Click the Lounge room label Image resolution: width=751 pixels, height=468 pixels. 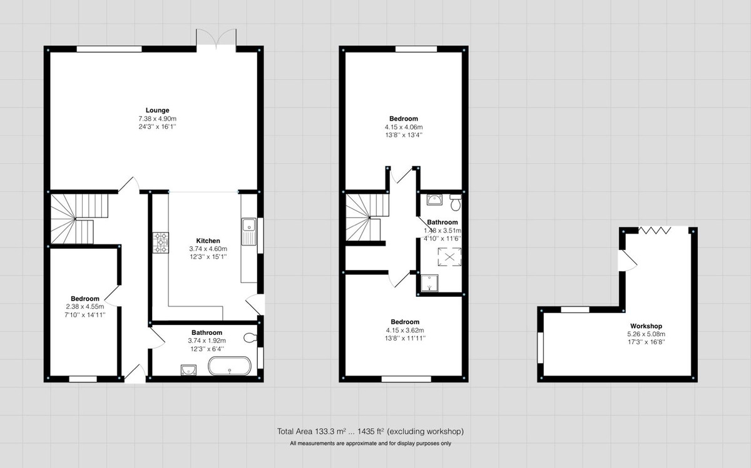pos(153,111)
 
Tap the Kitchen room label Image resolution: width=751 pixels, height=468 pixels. pos(208,241)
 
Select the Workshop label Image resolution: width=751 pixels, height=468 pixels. pos(646,326)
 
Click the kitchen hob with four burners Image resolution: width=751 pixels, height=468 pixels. pos(161,243)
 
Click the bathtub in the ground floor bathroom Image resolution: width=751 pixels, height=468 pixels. pos(230,367)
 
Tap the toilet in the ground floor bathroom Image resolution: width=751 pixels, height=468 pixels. pos(250,338)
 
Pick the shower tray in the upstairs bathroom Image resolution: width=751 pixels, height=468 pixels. pos(431,284)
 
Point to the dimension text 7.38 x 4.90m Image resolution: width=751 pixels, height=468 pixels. pos(158,119)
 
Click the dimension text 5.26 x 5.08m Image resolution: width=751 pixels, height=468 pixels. pos(646,334)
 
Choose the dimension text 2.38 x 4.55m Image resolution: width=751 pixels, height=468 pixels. pos(84,307)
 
